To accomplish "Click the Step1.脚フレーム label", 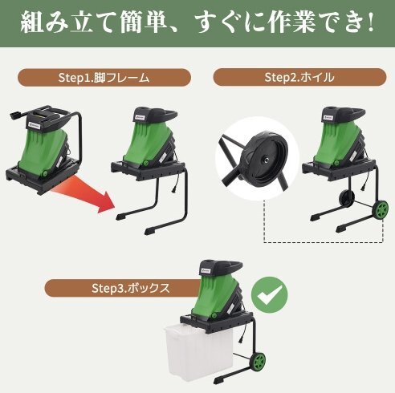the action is [104, 78].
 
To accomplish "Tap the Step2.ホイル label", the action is [299, 77].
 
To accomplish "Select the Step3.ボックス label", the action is [131, 289].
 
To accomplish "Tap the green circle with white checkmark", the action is [270, 295].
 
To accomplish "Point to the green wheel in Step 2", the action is [380, 210].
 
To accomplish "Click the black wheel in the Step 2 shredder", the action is [347, 199].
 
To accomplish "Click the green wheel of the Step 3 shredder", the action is [259, 362].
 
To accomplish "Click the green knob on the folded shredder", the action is [45, 174].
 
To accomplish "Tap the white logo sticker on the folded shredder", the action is [34, 124].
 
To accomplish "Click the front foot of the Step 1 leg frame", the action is [151, 230].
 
